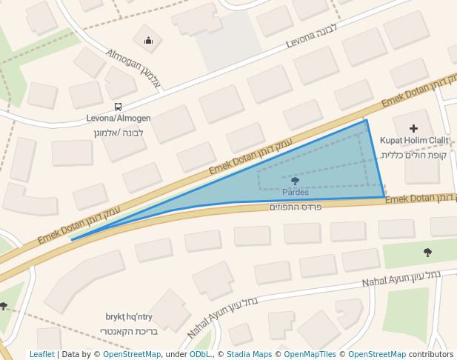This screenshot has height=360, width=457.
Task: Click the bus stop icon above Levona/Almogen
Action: [119, 107]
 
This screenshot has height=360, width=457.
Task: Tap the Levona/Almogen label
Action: [119, 118]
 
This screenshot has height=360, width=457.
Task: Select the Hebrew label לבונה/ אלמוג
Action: [119, 133]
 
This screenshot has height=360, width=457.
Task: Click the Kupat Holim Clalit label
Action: [414, 140]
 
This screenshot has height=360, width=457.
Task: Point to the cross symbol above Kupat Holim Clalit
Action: [413, 128]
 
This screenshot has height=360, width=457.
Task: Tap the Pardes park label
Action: [296, 192]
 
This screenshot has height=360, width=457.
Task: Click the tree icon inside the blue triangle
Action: [296, 181]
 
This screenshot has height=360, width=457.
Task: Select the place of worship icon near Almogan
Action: [149, 41]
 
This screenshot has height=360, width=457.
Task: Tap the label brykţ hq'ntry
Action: [129, 316]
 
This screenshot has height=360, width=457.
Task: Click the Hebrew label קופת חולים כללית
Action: [414, 155]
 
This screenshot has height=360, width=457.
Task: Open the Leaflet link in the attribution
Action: [41, 354]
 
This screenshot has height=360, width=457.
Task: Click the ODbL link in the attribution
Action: [200, 354]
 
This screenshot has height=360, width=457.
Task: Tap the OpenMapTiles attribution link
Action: [310, 354]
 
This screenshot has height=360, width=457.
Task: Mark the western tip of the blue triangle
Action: [71, 240]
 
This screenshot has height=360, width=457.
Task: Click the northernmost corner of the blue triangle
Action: [366, 120]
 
